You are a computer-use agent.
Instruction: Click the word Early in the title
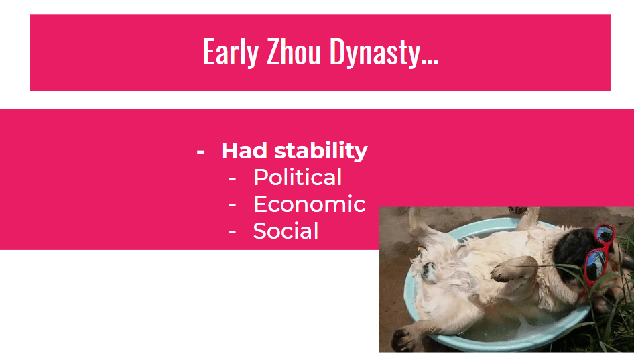coord(230,52)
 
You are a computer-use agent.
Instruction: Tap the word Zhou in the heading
coord(294,52)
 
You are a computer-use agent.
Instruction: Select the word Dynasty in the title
coord(375,52)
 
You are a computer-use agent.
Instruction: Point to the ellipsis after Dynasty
coord(430,62)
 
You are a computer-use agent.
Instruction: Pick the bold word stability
coord(321,152)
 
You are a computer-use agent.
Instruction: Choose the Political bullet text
coord(298,177)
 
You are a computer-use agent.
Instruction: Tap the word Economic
coord(310,204)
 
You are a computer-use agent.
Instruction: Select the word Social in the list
coord(286,231)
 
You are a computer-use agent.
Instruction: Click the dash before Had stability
coord(200,152)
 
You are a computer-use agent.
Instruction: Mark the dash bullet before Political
coord(232,178)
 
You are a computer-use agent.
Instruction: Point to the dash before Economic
coord(232,205)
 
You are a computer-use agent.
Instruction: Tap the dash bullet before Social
coord(232,232)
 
